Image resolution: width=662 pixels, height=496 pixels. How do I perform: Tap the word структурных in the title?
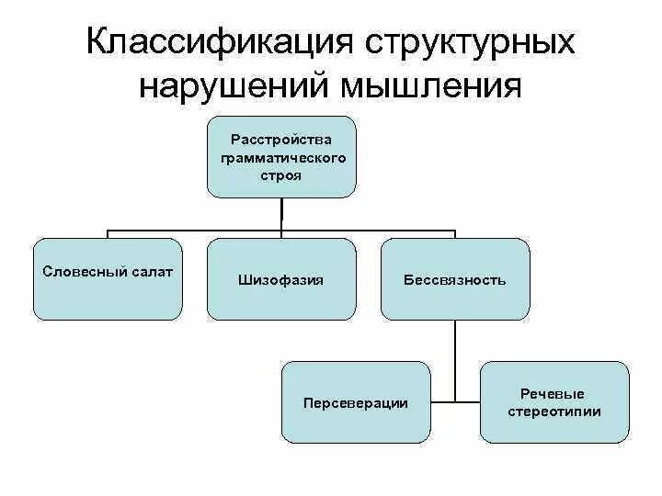coord(471,45)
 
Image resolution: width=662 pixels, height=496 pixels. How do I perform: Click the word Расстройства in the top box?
coord(280,140)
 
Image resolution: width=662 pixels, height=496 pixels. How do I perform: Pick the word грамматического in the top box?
coord(280,157)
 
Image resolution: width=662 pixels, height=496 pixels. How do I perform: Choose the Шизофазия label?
coord(280,279)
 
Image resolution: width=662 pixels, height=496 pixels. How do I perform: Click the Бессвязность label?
coord(454,279)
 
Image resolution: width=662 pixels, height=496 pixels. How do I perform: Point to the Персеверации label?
coord(355,403)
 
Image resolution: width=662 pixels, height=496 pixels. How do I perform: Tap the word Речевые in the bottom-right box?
coord(554,394)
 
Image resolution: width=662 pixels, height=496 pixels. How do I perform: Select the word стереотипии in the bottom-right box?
coord(554,411)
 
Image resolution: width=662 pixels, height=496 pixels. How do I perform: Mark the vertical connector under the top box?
coord(280,213)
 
